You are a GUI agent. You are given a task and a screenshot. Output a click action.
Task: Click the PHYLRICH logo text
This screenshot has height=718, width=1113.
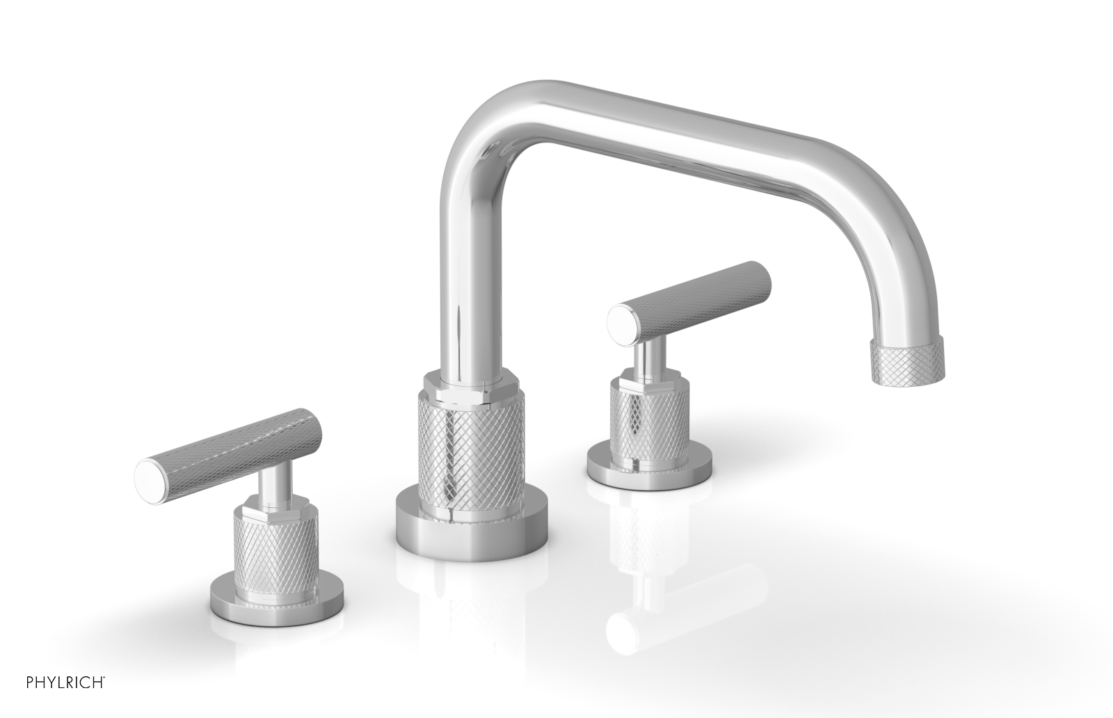point(54,680)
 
